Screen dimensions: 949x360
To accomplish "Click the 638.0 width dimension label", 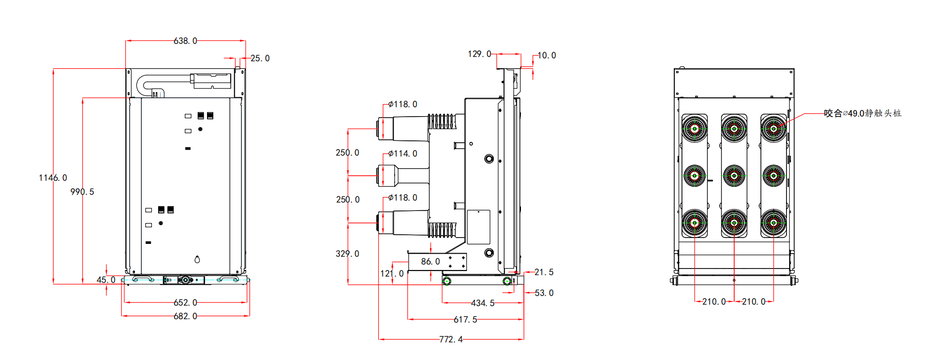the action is (185, 41).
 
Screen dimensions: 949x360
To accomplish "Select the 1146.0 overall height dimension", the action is (53, 178).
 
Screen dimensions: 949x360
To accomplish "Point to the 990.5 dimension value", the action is (82, 192).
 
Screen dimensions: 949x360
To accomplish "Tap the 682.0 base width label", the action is (185, 316).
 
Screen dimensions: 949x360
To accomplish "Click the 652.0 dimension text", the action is (185, 303).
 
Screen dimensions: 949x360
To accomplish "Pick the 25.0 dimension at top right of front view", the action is (260, 59).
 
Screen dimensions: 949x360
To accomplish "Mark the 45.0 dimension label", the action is (106, 280).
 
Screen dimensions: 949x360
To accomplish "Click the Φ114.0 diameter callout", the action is (402, 154).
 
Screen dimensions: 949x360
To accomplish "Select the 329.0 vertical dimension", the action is (347, 254).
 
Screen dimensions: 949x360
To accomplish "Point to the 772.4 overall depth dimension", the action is (451, 340).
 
